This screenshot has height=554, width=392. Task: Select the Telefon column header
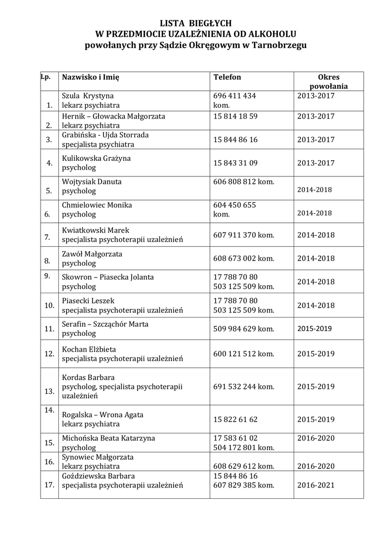(227, 77)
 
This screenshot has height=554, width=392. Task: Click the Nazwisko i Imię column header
(90, 77)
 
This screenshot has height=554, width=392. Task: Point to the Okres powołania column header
(329, 81)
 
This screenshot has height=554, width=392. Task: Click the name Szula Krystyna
(88, 96)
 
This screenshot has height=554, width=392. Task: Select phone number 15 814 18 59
(235, 116)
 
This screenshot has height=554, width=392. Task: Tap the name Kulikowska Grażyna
(96, 159)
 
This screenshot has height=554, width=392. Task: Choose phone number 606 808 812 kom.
(244, 182)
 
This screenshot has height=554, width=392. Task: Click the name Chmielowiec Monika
(97, 206)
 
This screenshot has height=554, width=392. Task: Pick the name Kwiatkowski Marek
(96, 229)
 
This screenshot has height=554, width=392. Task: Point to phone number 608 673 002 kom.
(244, 259)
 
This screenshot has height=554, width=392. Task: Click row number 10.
(49, 306)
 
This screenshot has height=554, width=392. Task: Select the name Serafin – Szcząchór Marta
(105, 324)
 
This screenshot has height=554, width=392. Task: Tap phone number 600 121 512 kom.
(244, 353)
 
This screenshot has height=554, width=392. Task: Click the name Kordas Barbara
(88, 377)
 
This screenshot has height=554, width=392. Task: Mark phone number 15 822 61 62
(235, 419)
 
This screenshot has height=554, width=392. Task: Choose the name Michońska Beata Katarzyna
(108, 437)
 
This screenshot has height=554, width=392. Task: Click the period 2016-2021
(316, 485)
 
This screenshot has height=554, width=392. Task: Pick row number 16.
(49, 461)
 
